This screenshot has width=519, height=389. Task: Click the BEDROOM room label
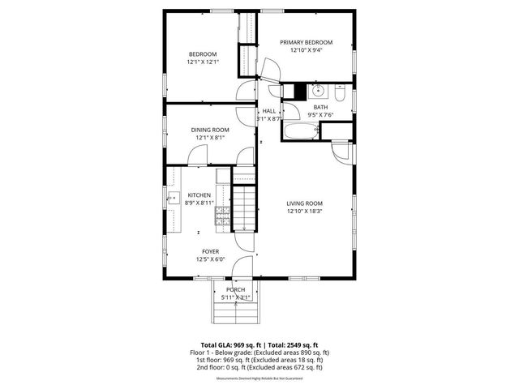202,54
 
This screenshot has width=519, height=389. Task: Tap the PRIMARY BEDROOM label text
307,42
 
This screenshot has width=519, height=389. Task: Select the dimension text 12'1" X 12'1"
202,62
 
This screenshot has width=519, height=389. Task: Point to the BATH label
321,107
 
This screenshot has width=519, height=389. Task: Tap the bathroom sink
319,90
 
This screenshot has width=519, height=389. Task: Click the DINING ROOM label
210,130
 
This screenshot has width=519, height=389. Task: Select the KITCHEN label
199,195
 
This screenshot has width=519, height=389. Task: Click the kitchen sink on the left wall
173,198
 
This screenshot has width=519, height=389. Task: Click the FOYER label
209,252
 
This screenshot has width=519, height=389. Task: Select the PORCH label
236,289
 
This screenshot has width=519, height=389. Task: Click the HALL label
269,110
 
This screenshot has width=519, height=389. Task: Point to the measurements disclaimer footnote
259,378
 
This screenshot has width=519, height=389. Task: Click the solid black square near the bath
299,91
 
